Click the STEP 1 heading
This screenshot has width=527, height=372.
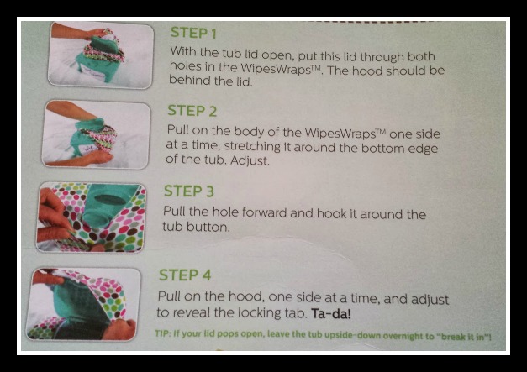193,33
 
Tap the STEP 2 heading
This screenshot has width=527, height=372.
192,111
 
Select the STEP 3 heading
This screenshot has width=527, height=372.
189,191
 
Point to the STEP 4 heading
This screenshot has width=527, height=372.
185,275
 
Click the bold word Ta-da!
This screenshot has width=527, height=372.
331,314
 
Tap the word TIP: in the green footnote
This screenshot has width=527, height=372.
163,333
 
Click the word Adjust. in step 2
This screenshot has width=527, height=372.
250,160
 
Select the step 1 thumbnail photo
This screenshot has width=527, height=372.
101,55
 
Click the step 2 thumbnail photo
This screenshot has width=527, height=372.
97,134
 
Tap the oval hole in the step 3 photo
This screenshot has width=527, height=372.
111,200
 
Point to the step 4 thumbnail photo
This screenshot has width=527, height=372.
83,304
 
